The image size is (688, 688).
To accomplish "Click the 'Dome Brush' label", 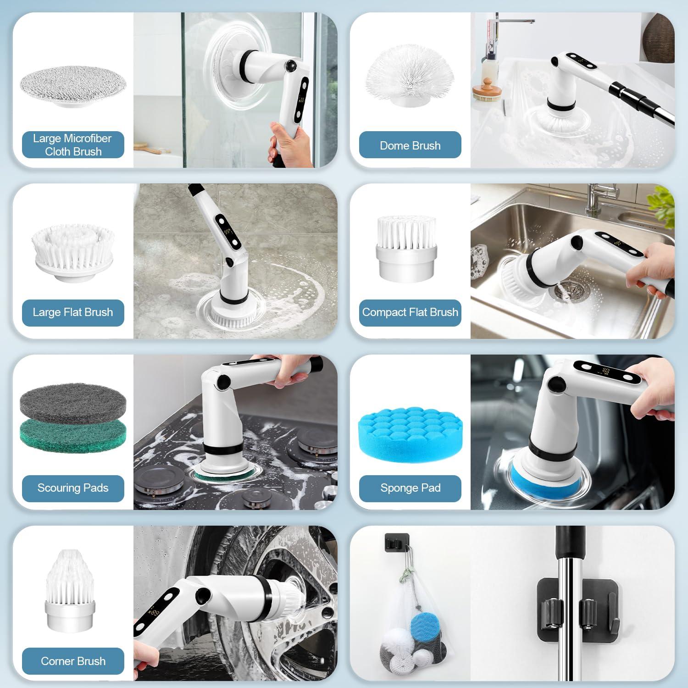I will [x=410, y=145].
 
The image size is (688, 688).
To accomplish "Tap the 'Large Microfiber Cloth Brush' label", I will [x=73, y=145].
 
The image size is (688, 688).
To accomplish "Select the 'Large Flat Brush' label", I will [x=73, y=312].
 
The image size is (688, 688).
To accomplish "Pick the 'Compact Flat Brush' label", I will [x=410, y=312].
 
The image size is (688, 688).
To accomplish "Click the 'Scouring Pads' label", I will [x=73, y=488].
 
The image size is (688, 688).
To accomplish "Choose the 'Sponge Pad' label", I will [x=410, y=488].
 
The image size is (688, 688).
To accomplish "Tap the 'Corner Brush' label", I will [x=73, y=661].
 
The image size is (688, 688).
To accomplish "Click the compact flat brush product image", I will [x=405, y=248].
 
